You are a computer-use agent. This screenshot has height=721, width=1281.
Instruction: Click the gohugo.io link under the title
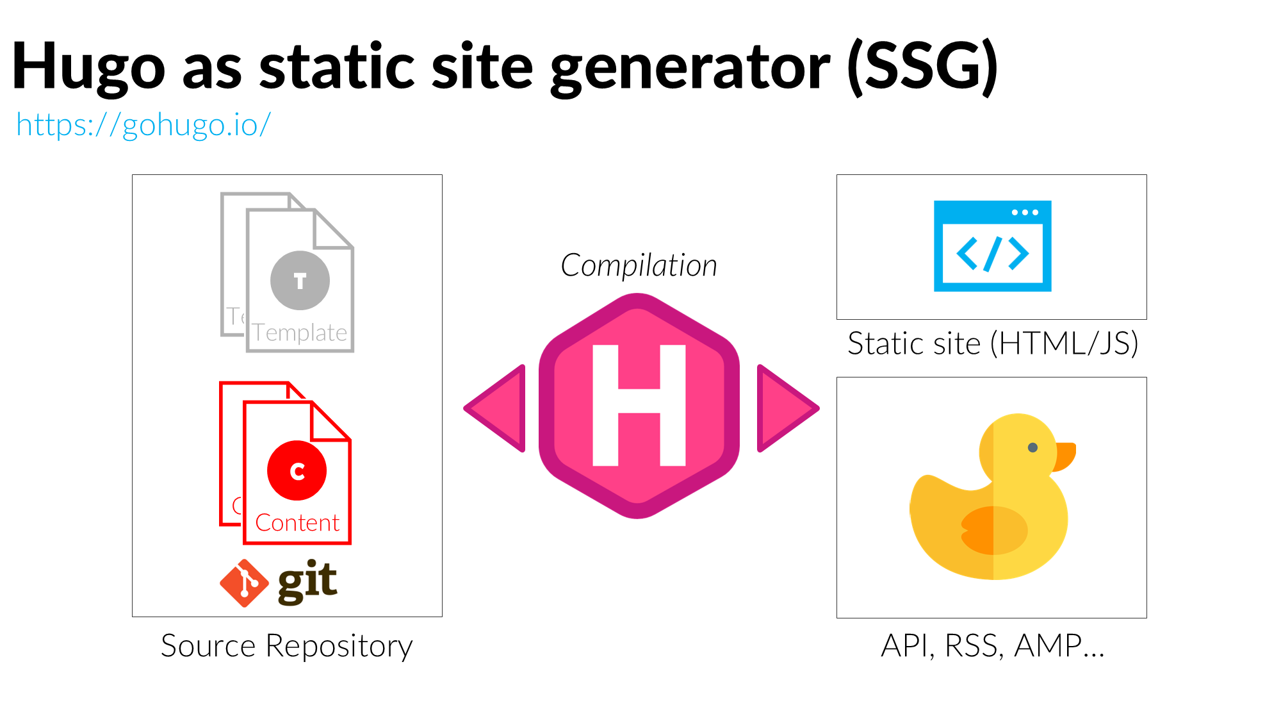coord(143,124)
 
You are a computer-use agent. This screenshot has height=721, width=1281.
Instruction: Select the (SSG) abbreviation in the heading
coord(922,67)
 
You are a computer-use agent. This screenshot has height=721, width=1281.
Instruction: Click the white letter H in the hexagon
coord(639,405)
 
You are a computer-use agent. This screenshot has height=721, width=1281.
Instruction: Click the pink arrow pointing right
coord(784,408)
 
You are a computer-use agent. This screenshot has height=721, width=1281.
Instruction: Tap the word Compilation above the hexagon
coord(639,265)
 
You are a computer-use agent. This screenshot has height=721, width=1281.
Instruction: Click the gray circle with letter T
coord(300,280)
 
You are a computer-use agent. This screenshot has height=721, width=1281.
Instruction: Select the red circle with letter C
coord(297,470)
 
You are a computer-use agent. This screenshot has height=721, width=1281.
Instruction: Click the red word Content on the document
coord(297,523)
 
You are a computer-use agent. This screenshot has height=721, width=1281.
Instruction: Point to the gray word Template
coord(300,333)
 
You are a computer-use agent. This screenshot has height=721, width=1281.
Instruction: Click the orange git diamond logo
coord(244,583)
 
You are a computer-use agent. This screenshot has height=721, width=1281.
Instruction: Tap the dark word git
coord(307,581)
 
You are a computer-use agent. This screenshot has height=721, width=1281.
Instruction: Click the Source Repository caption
coord(286,645)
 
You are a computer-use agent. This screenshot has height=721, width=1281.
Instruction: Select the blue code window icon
coord(992,246)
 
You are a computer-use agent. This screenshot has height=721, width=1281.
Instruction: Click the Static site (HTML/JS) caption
coord(992,344)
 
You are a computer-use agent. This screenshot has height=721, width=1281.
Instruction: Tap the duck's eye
coord(1032,447)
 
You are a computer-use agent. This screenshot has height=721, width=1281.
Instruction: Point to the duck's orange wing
coord(993,530)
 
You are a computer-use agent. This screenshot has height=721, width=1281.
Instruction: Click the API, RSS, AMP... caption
coord(992,645)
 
